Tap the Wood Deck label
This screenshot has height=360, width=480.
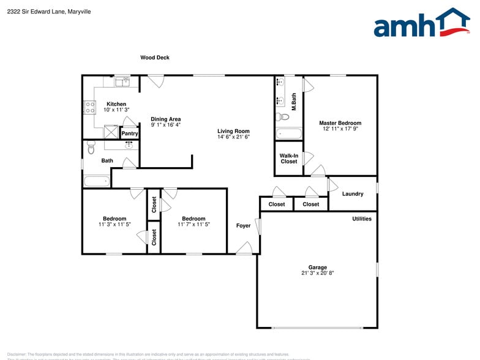154,58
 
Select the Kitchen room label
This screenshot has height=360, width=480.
116,104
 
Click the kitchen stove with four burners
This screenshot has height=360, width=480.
89,108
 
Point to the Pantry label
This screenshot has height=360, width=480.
129,133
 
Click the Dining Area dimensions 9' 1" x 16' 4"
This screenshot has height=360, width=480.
166,125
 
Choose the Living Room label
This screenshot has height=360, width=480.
233,131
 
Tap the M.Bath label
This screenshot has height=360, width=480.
294,101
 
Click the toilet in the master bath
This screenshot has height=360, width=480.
283,116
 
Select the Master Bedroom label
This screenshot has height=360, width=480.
340,123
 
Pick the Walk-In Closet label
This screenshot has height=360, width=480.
289,159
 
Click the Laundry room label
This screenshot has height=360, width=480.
353,194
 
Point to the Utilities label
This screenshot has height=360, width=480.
361,219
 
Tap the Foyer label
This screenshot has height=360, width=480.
243,226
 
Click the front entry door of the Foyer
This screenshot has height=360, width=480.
244,249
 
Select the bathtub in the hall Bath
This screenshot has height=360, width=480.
97,181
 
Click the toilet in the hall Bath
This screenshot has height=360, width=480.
91,147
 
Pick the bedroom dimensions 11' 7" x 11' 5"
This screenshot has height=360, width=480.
193,225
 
